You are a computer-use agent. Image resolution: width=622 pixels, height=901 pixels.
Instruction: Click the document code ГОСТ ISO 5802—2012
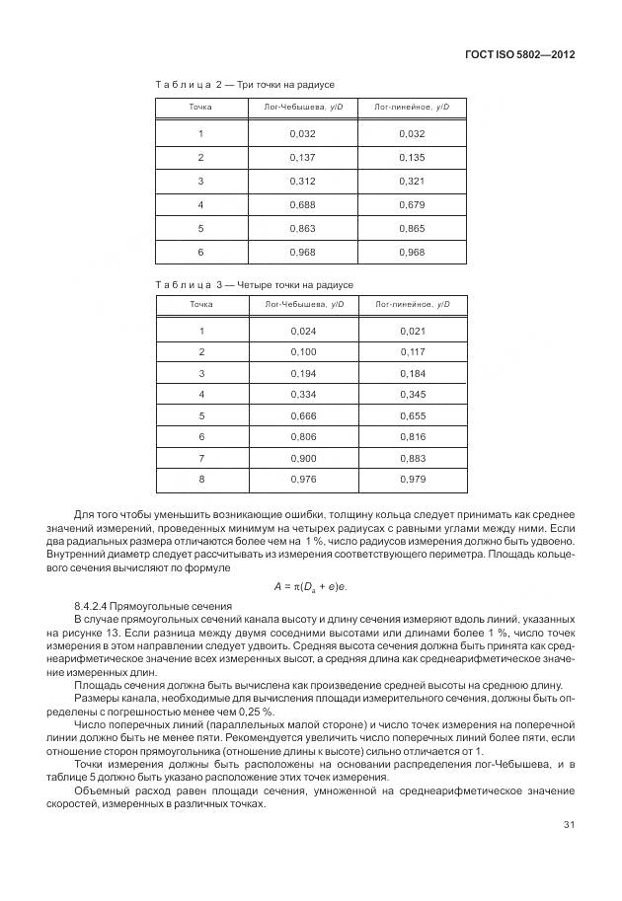(518, 54)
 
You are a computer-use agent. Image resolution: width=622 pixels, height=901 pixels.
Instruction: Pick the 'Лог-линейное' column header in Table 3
(413, 304)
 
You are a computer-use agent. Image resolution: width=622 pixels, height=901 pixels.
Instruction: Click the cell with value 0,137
(303, 157)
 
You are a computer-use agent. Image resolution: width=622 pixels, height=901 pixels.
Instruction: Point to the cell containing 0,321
(413, 181)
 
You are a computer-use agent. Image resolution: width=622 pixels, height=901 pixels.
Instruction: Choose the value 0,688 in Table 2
(303, 204)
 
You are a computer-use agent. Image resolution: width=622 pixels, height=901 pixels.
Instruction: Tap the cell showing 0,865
(413, 228)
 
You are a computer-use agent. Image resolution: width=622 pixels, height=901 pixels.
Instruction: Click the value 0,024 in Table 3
(303, 331)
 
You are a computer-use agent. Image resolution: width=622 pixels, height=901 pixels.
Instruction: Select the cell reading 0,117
(413, 351)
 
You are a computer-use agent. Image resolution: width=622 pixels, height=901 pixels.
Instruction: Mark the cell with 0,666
(303, 415)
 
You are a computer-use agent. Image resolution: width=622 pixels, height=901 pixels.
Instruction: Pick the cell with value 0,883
(413, 458)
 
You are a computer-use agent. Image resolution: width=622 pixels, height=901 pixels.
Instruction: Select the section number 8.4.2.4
(96, 605)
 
